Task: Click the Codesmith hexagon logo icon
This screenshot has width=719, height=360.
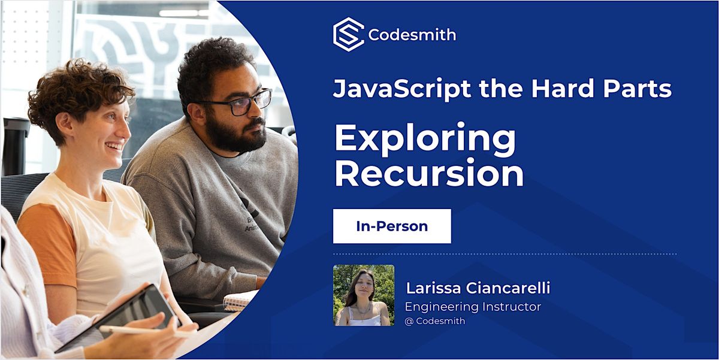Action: click(348, 35)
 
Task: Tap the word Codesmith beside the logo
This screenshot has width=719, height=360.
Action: click(412, 35)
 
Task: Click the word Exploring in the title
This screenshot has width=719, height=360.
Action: click(425, 140)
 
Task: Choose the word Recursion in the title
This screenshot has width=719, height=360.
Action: click(429, 174)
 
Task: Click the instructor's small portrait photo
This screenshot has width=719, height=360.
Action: click(364, 295)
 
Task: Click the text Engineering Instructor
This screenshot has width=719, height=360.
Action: click(473, 307)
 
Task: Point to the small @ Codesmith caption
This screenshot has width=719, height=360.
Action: click(435, 321)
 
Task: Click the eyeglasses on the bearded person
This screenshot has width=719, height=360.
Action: click(240, 104)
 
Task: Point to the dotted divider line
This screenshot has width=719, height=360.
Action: click(504, 254)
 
